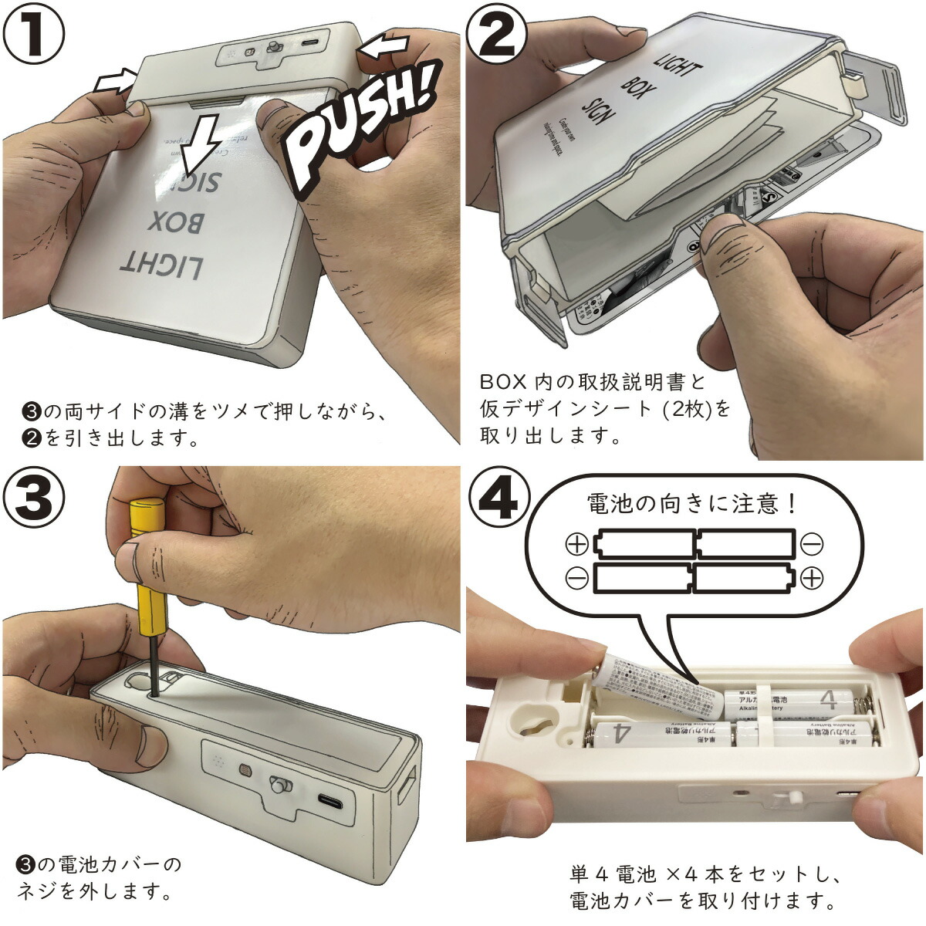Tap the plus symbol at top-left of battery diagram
[576, 545]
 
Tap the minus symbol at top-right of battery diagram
[811, 545]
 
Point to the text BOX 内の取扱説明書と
[593, 382]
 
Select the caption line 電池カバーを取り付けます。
[702, 901]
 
